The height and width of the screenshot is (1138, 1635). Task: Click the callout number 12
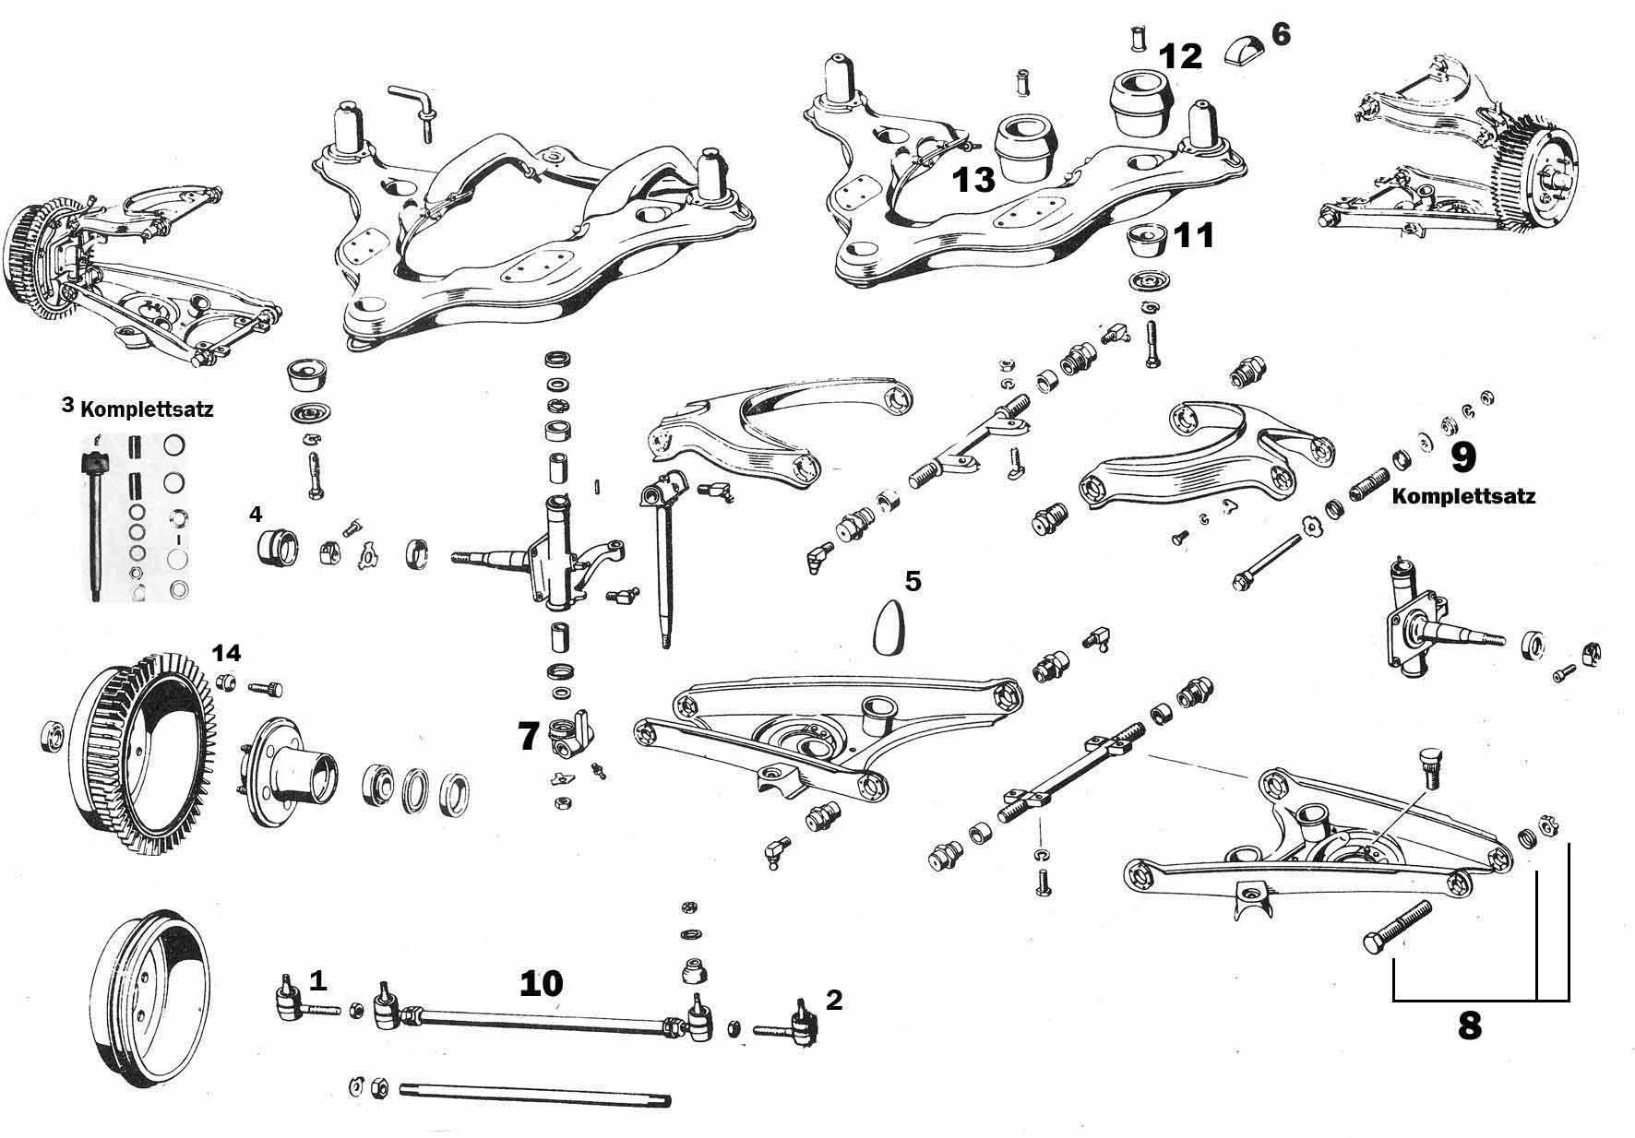coord(1181,56)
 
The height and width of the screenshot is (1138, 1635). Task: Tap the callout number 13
coord(975,179)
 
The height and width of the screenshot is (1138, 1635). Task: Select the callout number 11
coord(1193,236)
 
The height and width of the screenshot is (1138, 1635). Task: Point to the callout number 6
coord(1281,34)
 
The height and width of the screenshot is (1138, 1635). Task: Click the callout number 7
coord(528,736)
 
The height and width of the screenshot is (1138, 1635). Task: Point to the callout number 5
coord(913,581)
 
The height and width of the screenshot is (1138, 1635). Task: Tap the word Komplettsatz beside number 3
coord(147,409)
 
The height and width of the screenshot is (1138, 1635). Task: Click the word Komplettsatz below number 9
coord(1463,496)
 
